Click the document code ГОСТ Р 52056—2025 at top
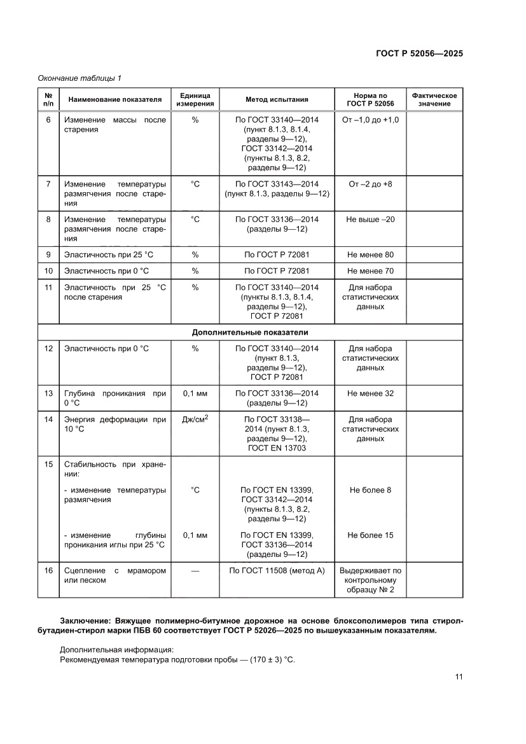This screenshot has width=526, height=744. click(418, 53)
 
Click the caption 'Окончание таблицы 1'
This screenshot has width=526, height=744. click(80, 78)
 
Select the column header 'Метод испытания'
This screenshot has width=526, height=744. click(277, 99)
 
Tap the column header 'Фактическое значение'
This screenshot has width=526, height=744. click(434, 99)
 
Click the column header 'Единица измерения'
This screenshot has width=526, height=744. click(195, 99)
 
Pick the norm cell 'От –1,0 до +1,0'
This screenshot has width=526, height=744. click(370, 120)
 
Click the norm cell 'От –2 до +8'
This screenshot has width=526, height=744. click(370, 184)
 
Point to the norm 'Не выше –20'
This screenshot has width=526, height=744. click(370, 219)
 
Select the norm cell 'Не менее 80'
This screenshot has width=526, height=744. click(370, 255)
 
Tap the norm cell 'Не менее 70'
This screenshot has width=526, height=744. click(370, 271)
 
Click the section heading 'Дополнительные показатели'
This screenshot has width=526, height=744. click(250, 332)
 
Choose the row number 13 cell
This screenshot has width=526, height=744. click(48, 393)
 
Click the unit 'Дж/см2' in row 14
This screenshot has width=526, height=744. click(195, 419)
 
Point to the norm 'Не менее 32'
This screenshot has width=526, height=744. click(370, 393)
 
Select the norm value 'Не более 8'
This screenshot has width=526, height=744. click(370, 490)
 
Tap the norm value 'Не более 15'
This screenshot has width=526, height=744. click(370, 535)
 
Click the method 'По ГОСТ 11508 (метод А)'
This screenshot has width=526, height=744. click(277, 571)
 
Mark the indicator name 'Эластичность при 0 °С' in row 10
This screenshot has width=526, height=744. click(106, 271)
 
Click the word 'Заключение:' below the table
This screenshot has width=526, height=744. click(86, 621)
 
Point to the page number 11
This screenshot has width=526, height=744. click(458, 677)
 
